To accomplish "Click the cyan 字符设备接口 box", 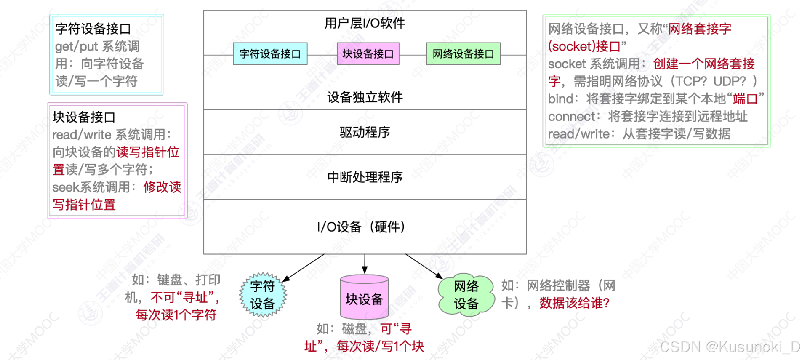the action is click(270, 54).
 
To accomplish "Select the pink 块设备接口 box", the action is click(368, 54).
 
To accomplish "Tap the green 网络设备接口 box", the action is click(463, 54).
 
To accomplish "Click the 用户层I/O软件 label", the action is click(365, 23).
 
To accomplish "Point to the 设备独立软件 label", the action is click(365, 97).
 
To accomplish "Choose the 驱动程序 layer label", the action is click(365, 132).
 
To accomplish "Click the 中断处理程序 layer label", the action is click(365, 177).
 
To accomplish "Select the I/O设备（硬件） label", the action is click(361, 227).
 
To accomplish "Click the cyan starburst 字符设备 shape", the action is click(263, 295).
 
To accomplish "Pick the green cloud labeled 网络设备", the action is click(466, 295).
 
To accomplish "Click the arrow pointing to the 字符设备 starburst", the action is click(304, 268).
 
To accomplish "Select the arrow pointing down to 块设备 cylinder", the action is click(365, 264).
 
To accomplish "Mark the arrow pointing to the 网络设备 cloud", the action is click(424, 266).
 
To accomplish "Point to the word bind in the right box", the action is click(560, 99).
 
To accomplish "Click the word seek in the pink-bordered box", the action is click(66, 187).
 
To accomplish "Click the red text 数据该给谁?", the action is click(574, 303).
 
